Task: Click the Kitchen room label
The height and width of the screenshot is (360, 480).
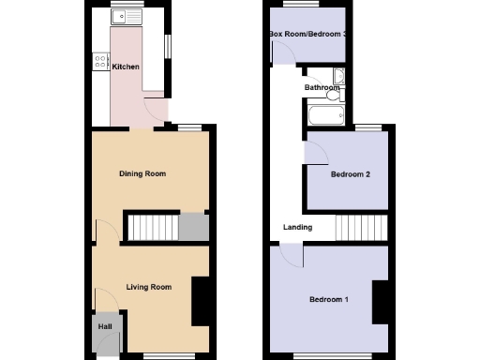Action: [x=126, y=67]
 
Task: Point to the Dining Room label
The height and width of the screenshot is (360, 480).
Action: [x=142, y=173]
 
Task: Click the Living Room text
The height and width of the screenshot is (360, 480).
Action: [x=148, y=287]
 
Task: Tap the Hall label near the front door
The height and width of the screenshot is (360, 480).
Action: [x=104, y=326]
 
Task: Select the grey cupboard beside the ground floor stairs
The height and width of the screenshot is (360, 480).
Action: [x=193, y=227]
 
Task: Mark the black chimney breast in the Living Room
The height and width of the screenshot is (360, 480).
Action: [x=200, y=302]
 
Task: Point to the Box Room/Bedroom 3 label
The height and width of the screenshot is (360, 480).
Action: [x=308, y=35]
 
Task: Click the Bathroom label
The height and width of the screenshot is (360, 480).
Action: [x=321, y=88]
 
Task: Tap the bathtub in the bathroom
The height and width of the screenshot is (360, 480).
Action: [x=324, y=115]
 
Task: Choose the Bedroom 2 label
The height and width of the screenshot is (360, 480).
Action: [x=351, y=174]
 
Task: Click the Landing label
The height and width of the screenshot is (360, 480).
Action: [x=298, y=227]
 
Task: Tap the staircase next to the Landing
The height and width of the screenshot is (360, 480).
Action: [x=361, y=227]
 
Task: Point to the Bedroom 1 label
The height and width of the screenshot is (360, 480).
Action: [x=329, y=300]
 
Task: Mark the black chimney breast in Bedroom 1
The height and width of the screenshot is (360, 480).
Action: [x=380, y=302]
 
